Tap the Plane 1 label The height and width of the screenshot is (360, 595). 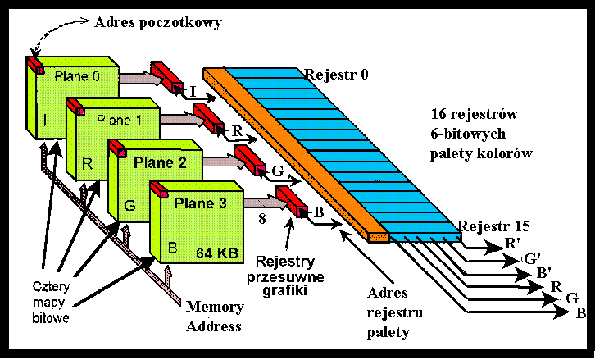coord(120,120)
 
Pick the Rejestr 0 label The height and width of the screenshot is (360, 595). coord(336,75)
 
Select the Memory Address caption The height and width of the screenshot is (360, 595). coord(215,317)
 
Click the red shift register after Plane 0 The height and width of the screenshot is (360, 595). coord(167,77)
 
